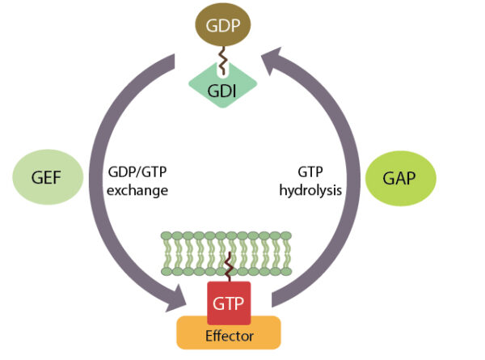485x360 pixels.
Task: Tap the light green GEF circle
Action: click(x=49, y=176)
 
